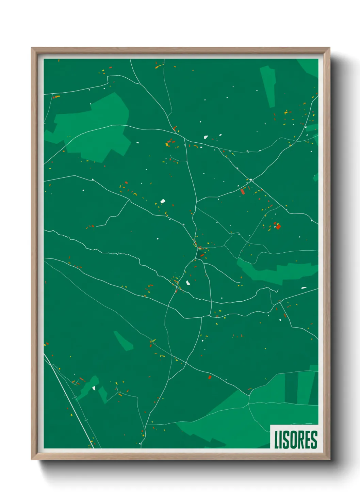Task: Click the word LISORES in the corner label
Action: coord(295,440)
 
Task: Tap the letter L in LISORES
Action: coord(277,440)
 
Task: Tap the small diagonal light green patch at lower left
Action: coord(123,341)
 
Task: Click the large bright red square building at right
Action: coord(278,226)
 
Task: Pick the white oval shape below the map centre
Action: coord(188,283)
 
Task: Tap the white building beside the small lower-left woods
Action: coord(94,388)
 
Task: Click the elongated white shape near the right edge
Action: coord(304,288)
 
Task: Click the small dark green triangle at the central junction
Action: coord(198,254)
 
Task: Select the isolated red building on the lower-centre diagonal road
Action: coord(210,377)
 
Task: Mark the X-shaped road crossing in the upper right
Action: coord(251,179)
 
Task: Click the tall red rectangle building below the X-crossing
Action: coord(243,192)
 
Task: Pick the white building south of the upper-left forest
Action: coord(163,201)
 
